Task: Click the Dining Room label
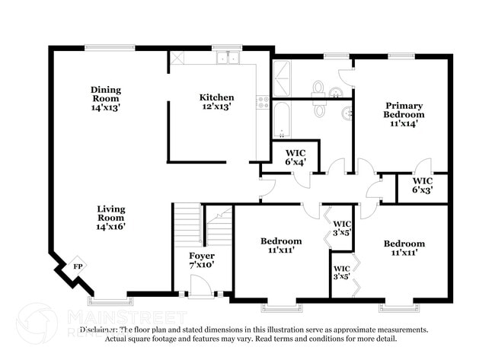tap(106, 98)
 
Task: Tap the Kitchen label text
tap(216, 102)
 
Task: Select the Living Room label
tap(111, 217)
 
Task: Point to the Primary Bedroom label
tap(404, 114)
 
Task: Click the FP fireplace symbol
tap(78, 266)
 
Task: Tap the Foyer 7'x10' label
tap(202, 260)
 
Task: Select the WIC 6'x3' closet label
tap(423, 185)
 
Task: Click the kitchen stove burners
tap(263, 102)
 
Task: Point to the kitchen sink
tap(227, 58)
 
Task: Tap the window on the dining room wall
tap(110, 48)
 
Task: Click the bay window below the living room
tap(110, 298)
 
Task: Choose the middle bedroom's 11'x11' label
tap(281, 246)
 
